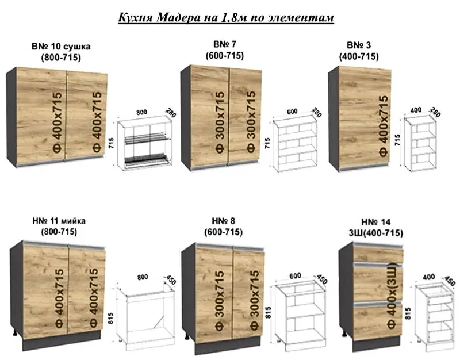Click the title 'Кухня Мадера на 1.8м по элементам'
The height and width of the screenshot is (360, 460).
(226, 17)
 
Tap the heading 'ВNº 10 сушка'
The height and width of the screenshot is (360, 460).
(61, 47)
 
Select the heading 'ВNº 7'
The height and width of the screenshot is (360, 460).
(225, 44)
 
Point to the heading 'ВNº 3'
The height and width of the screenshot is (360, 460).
(359, 45)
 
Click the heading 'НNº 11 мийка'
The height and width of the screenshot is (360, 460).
(59, 221)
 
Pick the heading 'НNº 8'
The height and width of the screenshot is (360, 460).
(223, 221)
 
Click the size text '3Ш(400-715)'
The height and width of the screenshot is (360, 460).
(375, 233)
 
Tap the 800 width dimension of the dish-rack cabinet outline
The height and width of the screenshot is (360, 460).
(141, 112)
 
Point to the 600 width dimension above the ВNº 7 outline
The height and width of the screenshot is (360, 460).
(292, 112)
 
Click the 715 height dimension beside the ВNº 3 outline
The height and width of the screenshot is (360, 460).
(397, 140)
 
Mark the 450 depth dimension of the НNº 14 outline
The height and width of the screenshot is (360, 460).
(450, 281)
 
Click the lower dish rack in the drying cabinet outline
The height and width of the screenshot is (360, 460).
(147, 160)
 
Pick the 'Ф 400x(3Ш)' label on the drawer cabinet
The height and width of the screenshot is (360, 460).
(392, 296)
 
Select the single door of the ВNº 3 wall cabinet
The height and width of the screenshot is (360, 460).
(365, 118)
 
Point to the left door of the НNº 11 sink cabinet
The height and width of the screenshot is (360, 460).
(45, 290)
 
